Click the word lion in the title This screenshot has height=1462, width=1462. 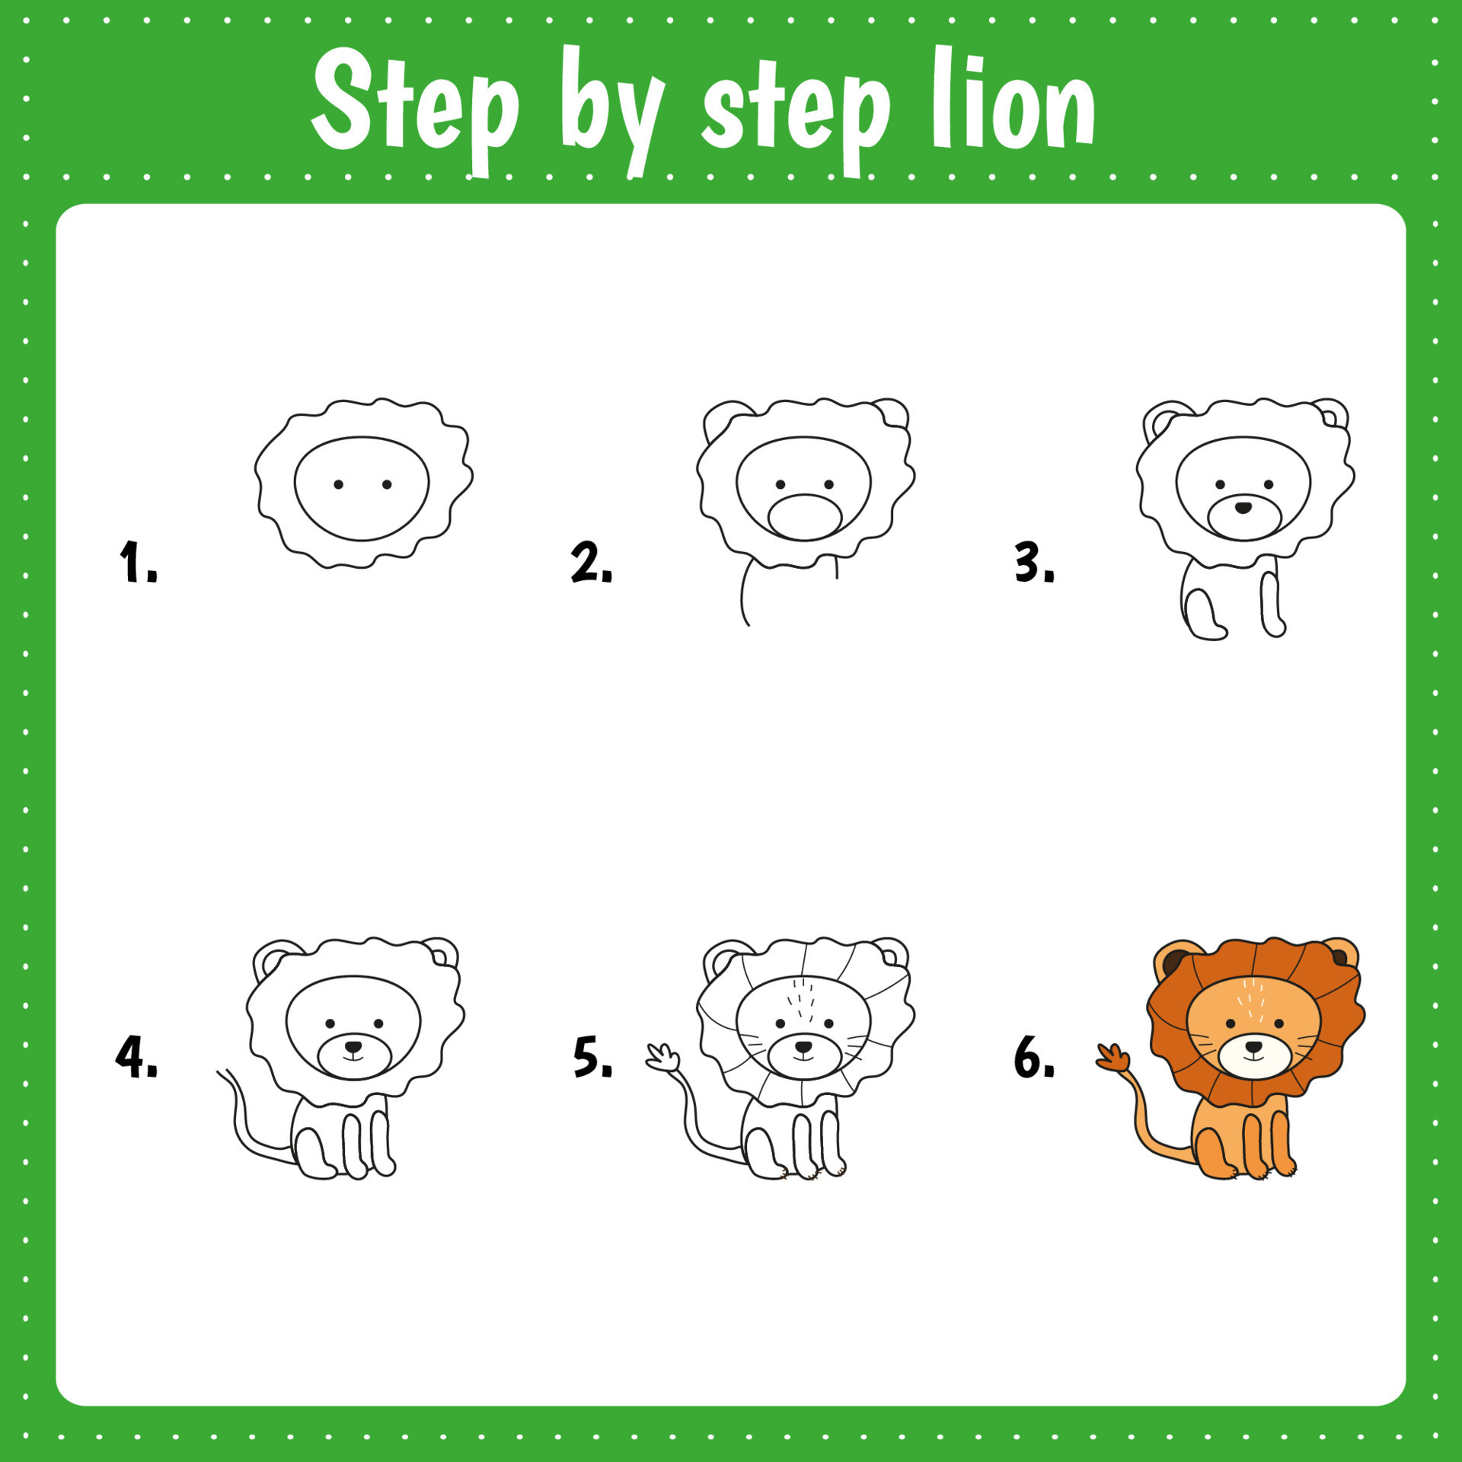(1013, 103)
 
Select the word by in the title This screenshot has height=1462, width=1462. (609, 110)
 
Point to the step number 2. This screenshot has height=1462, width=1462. (590, 563)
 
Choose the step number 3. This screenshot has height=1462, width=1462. (1033, 563)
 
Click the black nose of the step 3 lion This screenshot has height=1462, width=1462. (1243, 507)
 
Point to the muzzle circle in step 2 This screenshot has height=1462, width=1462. (804, 518)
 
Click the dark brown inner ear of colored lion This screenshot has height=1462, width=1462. (1173, 962)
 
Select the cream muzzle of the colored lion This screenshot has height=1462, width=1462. (1253, 1057)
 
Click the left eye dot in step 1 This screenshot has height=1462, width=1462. (339, 484)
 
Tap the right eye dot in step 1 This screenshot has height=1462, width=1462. (387, 484)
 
